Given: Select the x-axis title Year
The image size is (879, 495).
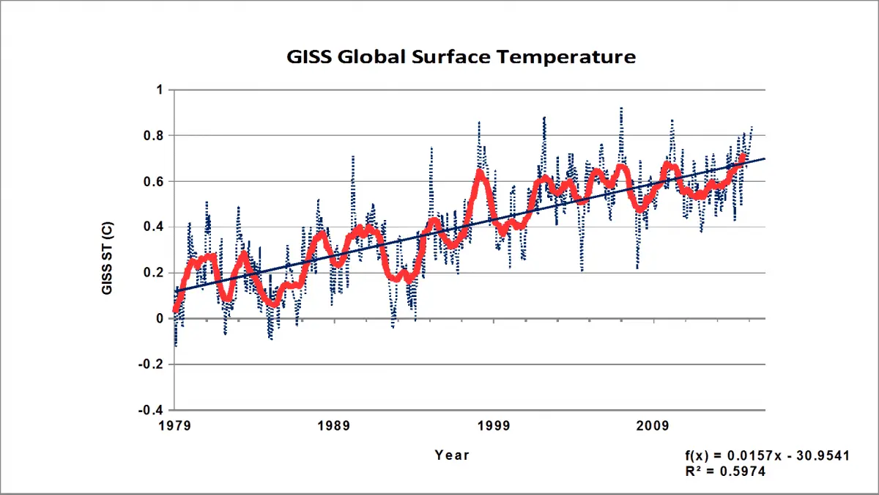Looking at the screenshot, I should tap(451, 455).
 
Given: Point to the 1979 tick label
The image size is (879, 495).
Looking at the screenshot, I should tap(175, 426).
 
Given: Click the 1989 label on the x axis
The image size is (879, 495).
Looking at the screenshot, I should tap(335, 426).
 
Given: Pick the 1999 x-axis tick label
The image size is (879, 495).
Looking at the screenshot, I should tap(494, 426).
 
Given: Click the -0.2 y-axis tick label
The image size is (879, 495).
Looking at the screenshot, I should tap(152, 364).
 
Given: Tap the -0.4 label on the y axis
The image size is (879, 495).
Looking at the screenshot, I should tap(152, 409).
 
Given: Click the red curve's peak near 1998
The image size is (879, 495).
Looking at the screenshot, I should tap(480, 172).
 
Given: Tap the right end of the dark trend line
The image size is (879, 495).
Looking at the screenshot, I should tap(765, 158).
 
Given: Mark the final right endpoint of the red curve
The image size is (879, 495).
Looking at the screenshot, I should tap(744, 155).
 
